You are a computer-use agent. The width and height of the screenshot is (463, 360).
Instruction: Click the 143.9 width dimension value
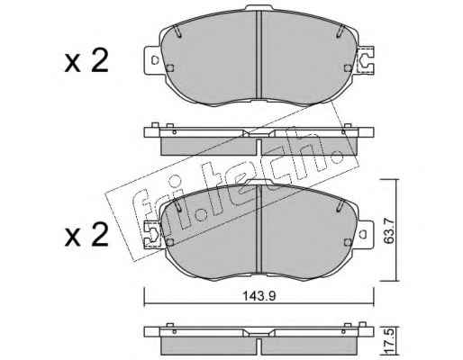259,296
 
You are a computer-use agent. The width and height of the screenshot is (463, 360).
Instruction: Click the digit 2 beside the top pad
99,61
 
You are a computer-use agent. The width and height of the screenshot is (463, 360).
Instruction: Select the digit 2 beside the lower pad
99,235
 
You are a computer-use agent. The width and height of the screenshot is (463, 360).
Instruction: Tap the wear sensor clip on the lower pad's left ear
152,234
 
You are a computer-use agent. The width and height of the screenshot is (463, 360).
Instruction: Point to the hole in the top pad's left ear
155,59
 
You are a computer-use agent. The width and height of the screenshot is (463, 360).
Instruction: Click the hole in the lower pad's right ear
362,234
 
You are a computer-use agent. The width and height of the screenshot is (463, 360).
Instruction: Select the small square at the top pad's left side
170,68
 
